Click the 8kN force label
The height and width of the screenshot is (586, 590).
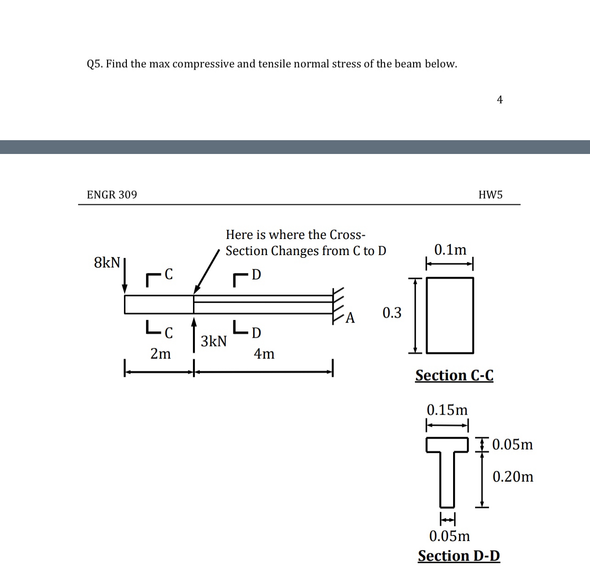(107, 263)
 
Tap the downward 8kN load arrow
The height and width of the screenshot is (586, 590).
(125, 276)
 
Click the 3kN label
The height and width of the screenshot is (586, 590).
(214, 341)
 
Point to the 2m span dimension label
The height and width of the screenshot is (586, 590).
(160, 354)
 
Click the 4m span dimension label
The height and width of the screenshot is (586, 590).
(264, 354)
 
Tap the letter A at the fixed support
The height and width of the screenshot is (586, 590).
(350, 318)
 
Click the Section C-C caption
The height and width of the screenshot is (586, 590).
(454, 375)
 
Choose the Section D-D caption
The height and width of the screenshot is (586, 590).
(459, 556)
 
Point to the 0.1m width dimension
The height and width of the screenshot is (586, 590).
(450, 250)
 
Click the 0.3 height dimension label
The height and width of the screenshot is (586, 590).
(392, 313)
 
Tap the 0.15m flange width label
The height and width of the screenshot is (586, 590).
(447, 410)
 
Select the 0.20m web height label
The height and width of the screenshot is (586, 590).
(513, 477)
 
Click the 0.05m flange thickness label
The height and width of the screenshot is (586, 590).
(512, 444)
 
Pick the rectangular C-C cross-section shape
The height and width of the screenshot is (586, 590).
(450, 315)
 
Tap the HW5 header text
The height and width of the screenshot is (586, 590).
(490, 195)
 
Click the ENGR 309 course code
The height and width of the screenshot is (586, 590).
(112, 195)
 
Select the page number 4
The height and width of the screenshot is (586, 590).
(500, 100)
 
